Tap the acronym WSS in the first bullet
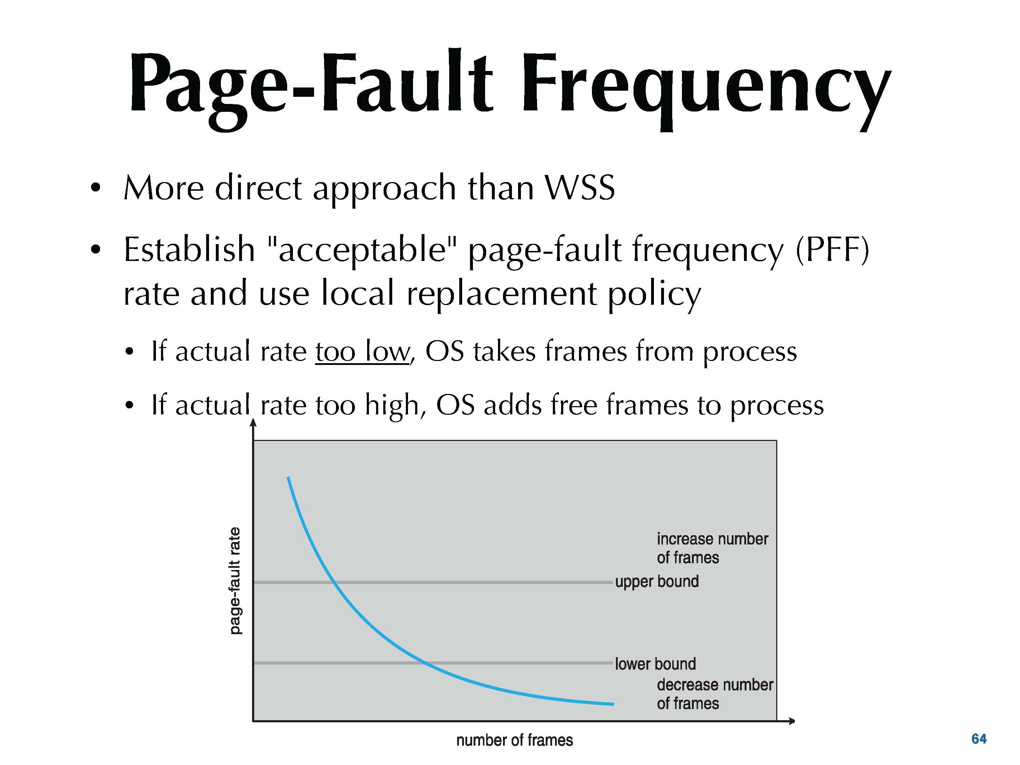click(x=580, y=188)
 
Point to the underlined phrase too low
click(x=362, y=352)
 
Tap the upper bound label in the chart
click(x=657, y=582)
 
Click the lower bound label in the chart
click(x=655, y=664)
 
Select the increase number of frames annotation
click(x=712, y=548)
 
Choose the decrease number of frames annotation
click(x=715, y=694)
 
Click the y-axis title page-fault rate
click(x=235, y=581)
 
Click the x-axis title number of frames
click(x=514, y=741)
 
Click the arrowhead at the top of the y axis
click(x=253, y=422)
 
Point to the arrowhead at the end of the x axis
click(x=791, y=721)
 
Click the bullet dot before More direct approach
click(x=95, y=188)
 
